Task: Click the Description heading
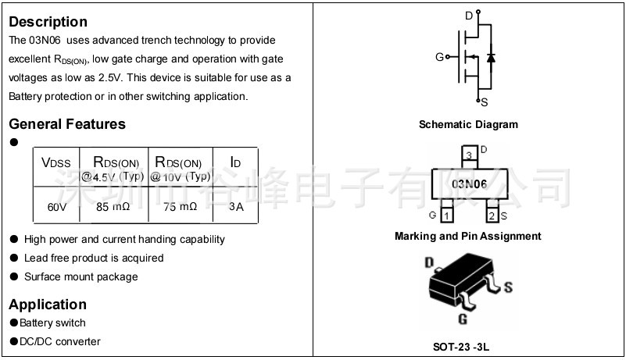coord(48,22)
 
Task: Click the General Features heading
coord(67,124)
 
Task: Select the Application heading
coord(48,305)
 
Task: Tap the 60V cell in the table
coord(57,208)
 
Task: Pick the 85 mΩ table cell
coord(113,208)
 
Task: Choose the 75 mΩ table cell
coord(180,208)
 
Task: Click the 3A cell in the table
coord(236,208)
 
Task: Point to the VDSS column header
coord(56,163)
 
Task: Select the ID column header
coord(235,163)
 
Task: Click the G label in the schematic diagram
coord(440,57)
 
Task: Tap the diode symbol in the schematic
coord(490,57)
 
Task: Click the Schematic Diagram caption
coord(468,125)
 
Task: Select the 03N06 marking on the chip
coord(469,184)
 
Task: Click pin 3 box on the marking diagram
coord(469,155)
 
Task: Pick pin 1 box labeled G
coord(446,215)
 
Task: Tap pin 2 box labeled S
coord(492,215)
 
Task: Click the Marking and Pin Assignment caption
coord(467,236)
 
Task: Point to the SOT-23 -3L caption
coord(467,347)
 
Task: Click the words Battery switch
coord(52,323)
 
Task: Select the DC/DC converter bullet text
coord(60,341)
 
